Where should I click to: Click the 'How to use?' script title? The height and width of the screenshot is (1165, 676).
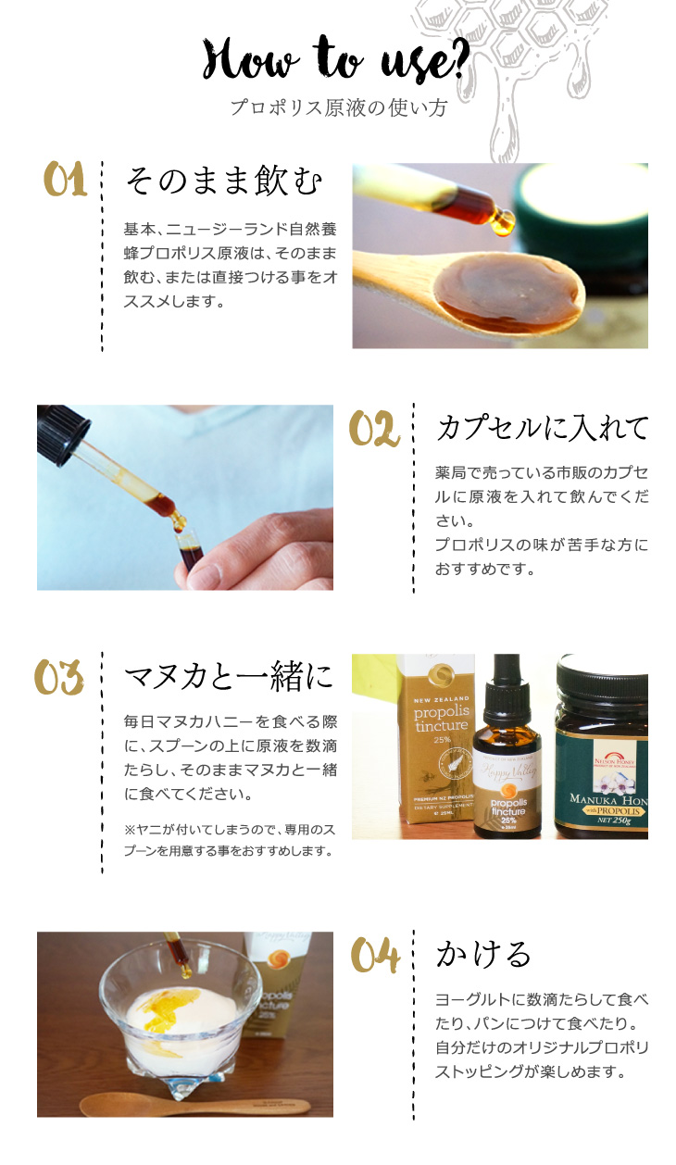pyautogui.click(x=336, y=58)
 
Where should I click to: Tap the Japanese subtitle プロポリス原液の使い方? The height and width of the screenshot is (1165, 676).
pyautogui.click(x=339, y=107)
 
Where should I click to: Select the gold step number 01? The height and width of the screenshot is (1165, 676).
pyautogui.click(x=65, y=179)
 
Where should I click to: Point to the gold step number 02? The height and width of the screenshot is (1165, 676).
pyautogui.click(x=374, y=429)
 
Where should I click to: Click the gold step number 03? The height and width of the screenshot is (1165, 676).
pyautogui.click(x=58, y=677)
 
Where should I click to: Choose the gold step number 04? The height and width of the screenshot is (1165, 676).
pyautogui.click(x=375, y=955)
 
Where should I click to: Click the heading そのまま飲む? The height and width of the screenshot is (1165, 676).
pyautogui.click(x=224, y=181)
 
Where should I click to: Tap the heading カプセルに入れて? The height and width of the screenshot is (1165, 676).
pyautogui.click(x=542, y=429)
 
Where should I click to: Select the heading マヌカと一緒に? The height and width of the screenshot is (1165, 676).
pyautogui.click(x=228, y=677)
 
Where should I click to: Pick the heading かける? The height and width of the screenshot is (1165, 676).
pyautogui.click(x=483, y=955)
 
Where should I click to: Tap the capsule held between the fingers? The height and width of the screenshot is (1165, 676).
pyautogui.click(x=190, y=550)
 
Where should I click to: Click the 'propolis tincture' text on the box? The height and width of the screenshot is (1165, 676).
pyautogui.click(x=442, y=719)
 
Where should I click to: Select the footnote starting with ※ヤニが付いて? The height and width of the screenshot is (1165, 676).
pyautogui.click(x=230, y=840)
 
